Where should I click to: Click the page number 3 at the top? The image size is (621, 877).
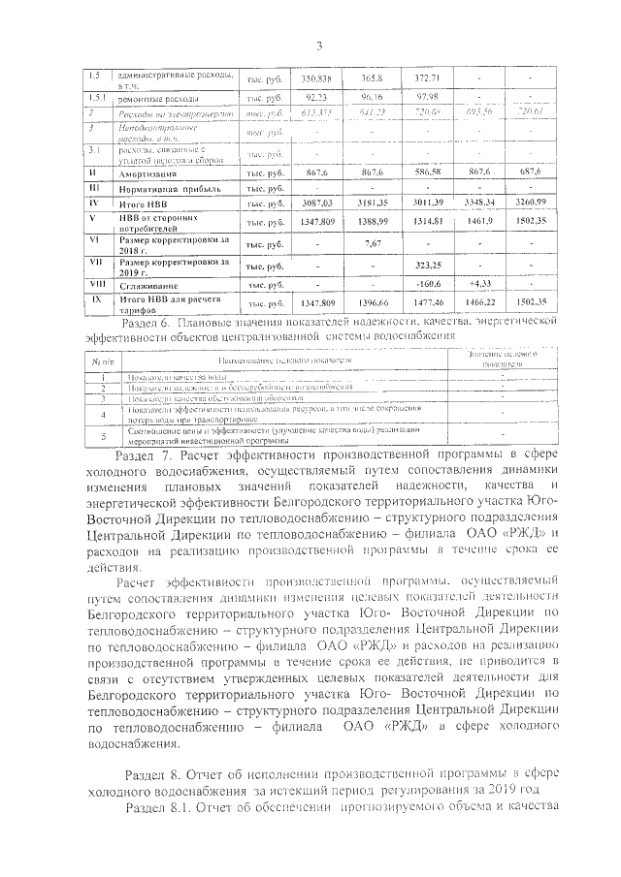point(317,44)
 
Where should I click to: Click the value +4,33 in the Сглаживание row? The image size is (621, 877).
point(480,284)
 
